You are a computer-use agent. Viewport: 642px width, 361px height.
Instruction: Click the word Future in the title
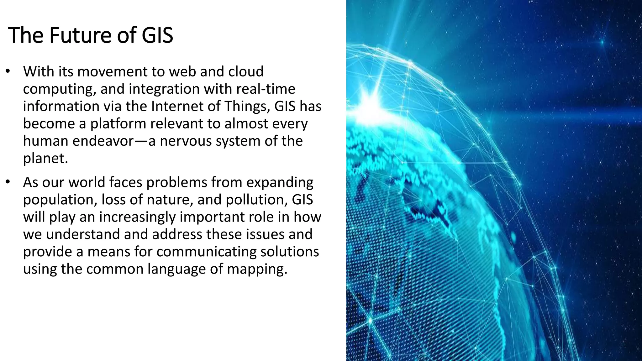click(x=81, y=35)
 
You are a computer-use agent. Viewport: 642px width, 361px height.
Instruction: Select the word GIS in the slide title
click(x=157, y=35)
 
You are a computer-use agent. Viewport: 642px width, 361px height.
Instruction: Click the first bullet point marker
click(x=8, y=71)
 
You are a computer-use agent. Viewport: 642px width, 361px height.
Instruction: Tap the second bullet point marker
click(x=8, y=182)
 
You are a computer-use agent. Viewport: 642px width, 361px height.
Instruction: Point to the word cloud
click(x=246, y=71)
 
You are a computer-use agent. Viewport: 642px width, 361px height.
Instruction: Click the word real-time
click(x=266, y=89)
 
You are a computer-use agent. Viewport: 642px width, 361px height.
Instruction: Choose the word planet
click(x=45, y=158)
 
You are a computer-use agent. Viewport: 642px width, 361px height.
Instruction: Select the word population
click(x=60, y=200)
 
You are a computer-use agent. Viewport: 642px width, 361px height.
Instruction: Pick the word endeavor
click(x=103, y=141)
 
